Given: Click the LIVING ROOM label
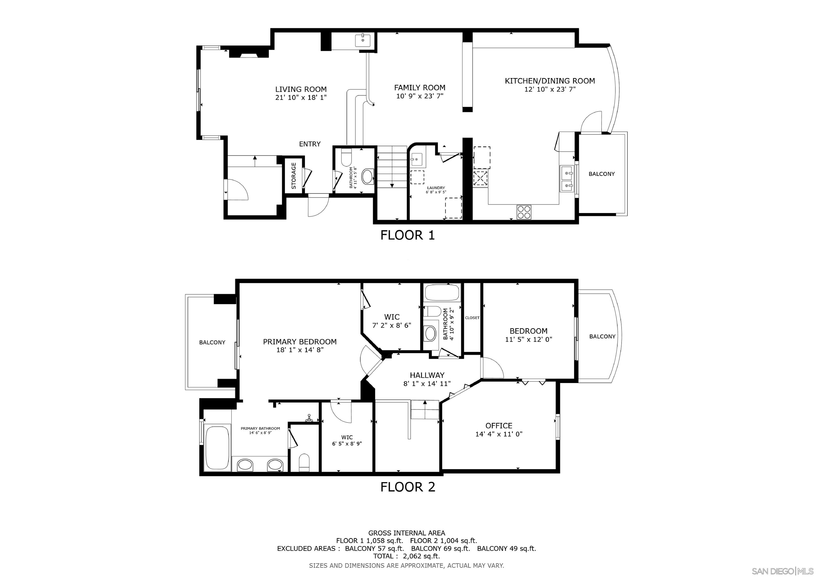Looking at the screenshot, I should point(301,90).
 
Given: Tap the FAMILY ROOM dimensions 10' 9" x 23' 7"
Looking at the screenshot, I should point(420,96).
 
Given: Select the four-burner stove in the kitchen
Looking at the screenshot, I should point(524,212).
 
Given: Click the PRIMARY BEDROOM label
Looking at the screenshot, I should point(300,342).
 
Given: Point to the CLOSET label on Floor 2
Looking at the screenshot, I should point(472,318).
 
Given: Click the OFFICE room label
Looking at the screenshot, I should point(499,426).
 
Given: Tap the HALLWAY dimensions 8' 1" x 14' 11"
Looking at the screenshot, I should point(427,384).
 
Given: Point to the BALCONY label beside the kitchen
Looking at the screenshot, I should point(601,174).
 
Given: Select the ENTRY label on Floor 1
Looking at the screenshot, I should point(309,144).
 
